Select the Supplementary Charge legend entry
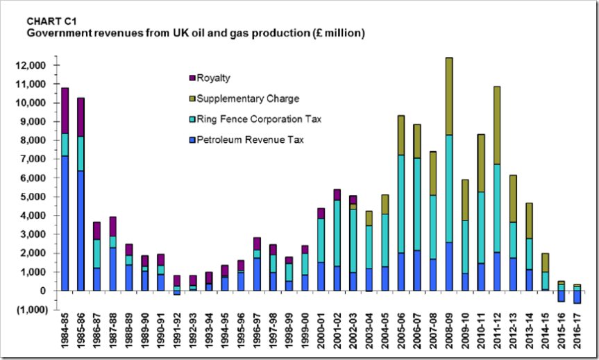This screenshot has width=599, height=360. (x=244, y=98)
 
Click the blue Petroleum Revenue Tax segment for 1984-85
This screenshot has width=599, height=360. (x=65, y=223)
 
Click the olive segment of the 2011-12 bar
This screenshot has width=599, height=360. (x=498, y=125)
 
